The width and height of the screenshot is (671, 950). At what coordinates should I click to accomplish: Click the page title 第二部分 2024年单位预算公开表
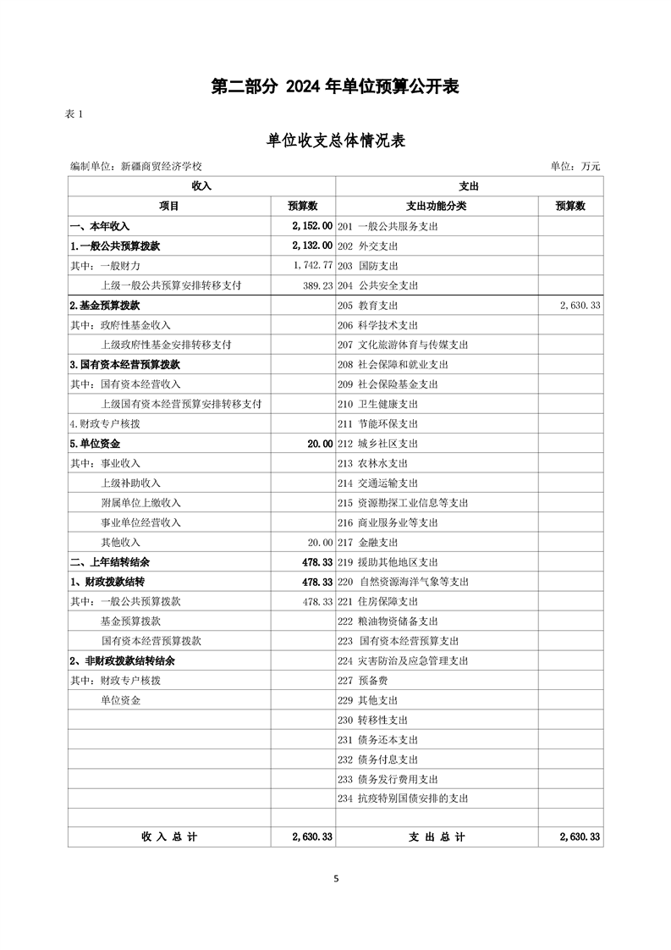335,86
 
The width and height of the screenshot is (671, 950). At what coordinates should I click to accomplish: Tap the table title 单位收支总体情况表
336,141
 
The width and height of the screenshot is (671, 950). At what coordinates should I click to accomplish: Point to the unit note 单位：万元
575,167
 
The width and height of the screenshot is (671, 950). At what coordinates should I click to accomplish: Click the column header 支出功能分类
436,206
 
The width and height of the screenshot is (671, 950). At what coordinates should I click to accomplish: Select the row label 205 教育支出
367,306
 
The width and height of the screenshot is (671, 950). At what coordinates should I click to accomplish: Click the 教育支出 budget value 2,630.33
580,306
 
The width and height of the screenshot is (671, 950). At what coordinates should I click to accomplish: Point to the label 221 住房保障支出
378,602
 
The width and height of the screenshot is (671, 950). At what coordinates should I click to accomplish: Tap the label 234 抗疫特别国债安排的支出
403,798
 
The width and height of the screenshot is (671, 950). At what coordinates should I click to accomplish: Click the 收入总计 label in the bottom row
169,837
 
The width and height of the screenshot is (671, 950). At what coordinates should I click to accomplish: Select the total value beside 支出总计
580,837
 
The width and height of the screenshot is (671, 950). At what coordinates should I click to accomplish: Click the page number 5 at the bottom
336,879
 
